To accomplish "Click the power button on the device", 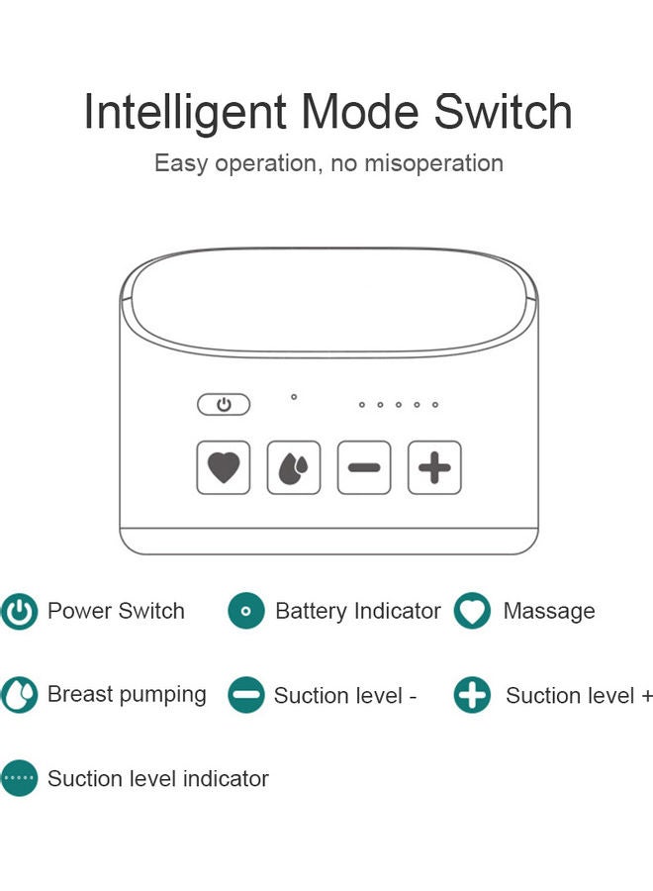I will (224, 405).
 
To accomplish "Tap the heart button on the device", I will (224, 467).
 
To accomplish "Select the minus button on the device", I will (364, 467).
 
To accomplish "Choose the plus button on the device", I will (434, 467).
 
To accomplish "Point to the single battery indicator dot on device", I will (294, 397).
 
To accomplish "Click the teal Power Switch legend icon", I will (19, 612).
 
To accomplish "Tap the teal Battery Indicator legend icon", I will (246, 612).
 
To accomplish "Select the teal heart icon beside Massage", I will (472, 612).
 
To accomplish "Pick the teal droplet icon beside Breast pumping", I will (19, 695).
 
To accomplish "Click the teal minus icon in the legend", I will (246, 695).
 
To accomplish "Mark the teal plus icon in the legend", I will (472, 695).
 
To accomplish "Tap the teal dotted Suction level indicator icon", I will (19, 779).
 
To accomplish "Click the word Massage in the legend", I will (549, 612).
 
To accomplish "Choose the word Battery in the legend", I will (313, 612).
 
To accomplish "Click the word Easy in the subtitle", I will (180, 163).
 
